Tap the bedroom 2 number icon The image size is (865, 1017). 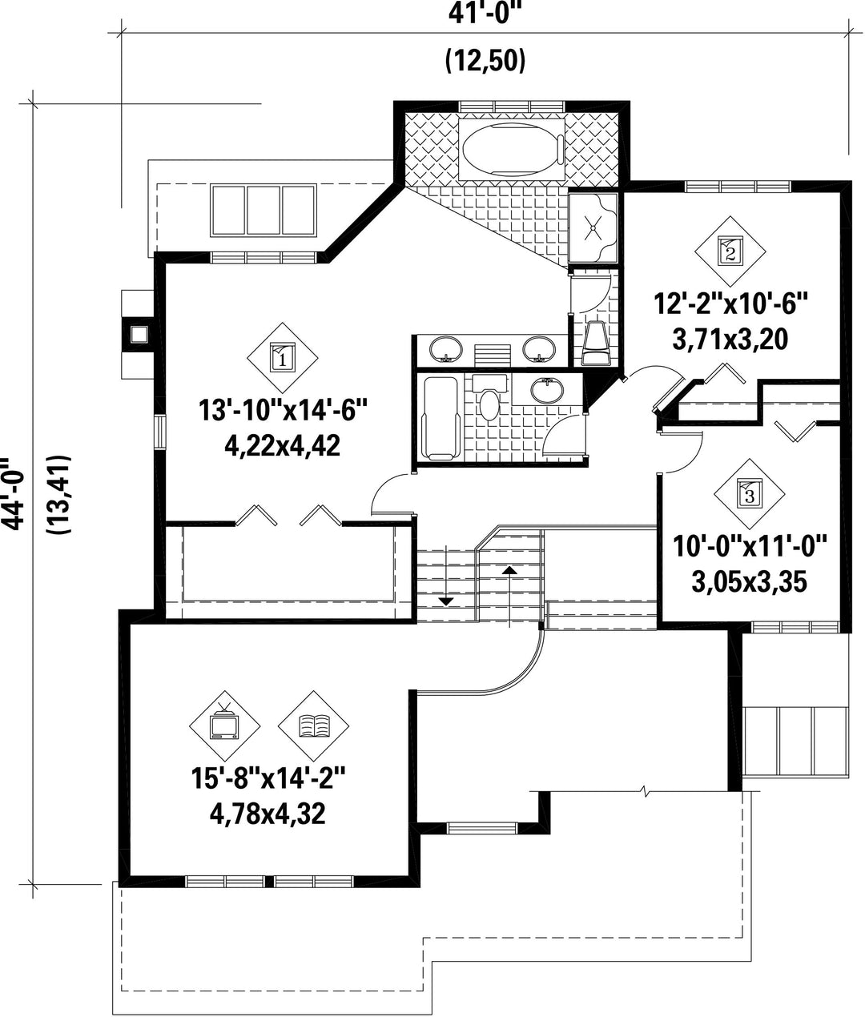(x=730, y=251)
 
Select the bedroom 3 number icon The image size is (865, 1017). (x=750, y=494)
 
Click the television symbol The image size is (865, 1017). (x=224, y=726)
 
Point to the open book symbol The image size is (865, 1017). (x=313, y=726)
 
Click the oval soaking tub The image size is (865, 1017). (x=512, y=148)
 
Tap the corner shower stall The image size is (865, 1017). (x=593, y=229)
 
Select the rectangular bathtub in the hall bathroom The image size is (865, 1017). (x=442, y=418)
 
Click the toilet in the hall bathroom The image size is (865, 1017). (x=489, y=397)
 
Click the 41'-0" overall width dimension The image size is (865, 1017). (x=485, y=14)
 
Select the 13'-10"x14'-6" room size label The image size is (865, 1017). (x=283, y=411)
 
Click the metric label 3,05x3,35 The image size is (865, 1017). (x=750, y=582)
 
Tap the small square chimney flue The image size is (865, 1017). (x=139, y=335)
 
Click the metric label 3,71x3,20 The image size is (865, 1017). (x=730, y=340)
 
